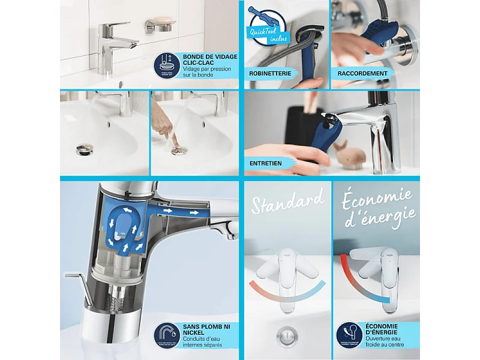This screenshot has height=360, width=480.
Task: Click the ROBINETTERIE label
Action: pos(271,74)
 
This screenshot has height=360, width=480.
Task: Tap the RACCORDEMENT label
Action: pos(362,74)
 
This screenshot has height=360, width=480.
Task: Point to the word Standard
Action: pos(287,202)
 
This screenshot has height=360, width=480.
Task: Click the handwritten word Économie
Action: pos(377,199)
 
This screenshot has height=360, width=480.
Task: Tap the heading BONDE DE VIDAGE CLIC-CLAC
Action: pos(209,59)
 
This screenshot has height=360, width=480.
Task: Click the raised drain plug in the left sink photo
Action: pos(85,148)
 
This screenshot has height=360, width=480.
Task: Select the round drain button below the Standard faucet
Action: pos(287,334)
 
